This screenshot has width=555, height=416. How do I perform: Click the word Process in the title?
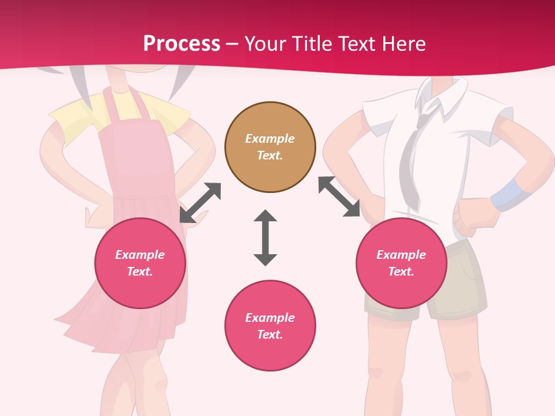(x=182, y=44)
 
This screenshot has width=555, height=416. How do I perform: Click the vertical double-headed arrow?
(x=265, y=238)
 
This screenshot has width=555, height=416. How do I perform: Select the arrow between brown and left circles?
(x=200, y=202)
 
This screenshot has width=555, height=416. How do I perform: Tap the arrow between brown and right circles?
(x=339, y=196)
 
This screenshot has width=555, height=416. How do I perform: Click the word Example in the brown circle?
(x=270, y=139)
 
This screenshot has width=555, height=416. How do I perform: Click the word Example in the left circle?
(x=140, y=255)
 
